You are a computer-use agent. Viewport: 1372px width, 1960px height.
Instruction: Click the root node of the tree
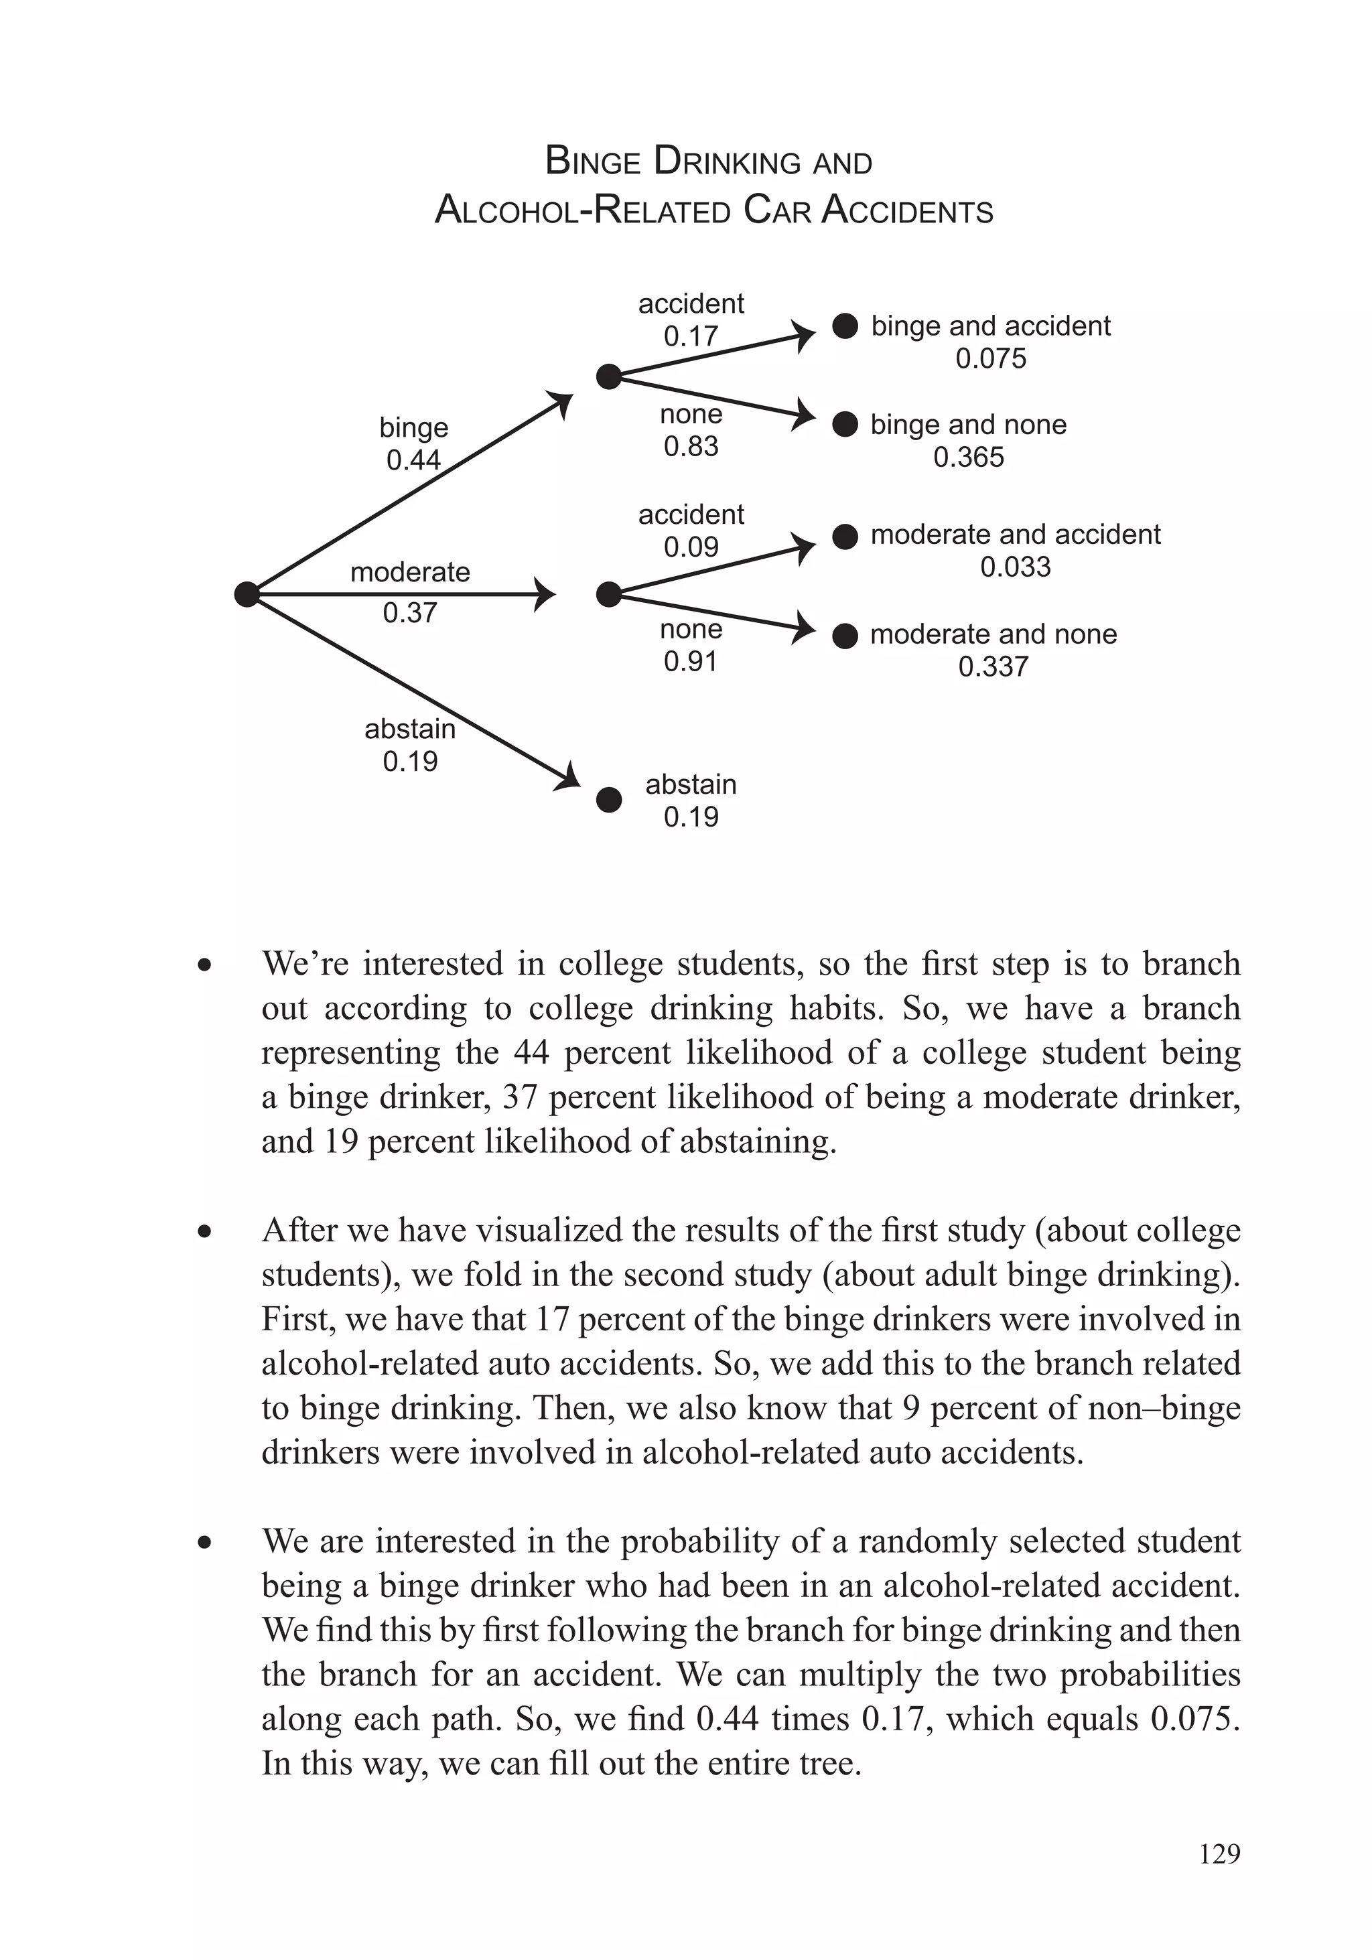[247, 594]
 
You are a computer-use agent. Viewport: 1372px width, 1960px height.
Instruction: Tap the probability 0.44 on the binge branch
[413, 460]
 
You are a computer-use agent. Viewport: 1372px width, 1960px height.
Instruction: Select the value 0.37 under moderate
[410, 612]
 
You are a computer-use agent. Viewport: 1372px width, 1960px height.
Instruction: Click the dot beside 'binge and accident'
[844, 326]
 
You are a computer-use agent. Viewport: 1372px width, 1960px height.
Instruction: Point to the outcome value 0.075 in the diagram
[990, 358]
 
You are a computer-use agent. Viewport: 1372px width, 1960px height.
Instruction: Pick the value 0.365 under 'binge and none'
[968, 458]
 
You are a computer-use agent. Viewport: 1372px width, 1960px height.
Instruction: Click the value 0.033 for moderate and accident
[1015, 567]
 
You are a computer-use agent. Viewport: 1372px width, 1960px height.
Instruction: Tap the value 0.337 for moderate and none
[993, 667]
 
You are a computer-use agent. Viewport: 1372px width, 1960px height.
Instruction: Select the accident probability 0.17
[691, 336]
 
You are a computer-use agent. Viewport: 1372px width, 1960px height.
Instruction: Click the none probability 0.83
[691, 447]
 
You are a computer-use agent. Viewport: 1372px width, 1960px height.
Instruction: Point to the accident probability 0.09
[691, 547]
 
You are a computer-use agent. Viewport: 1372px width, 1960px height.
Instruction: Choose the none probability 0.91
[691, 662]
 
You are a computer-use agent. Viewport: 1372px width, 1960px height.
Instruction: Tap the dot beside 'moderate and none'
[844, 636]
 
